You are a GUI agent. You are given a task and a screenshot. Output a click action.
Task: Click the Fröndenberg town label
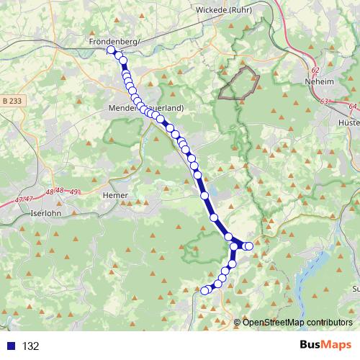click(x=112, y=42)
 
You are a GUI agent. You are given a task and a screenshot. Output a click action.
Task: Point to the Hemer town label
click(x=115, y=195)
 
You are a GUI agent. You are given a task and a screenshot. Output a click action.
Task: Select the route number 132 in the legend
click(x=30, y=346)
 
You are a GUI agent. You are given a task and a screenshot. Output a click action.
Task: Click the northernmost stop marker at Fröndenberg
click(x=111, y=50)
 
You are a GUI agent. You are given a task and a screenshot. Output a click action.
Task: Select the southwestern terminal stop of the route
click(x=204, y=290)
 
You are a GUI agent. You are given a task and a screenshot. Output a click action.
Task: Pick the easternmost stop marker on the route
click(x=250, y=246)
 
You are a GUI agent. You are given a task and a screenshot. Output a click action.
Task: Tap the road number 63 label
click(x=324, y=102)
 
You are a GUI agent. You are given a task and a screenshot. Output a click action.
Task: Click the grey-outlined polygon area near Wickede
click(x=239, y=82)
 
